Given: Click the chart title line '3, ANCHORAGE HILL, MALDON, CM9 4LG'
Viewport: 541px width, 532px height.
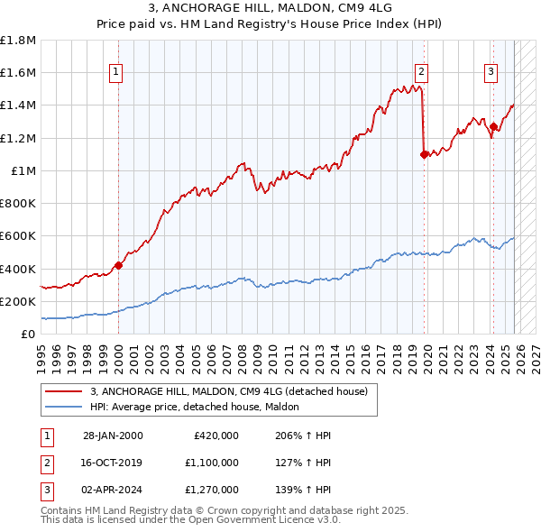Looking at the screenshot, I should click(270, 9).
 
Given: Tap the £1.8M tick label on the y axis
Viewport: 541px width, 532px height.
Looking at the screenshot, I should click(18, 41).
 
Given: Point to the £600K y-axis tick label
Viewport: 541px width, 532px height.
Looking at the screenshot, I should click(18, 236).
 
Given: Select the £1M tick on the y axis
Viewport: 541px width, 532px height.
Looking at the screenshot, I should click(23, 170).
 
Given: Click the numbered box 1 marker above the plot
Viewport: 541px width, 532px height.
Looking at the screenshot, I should click(118, 73).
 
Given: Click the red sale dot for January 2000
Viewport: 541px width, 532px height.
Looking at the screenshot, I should click(118, 265).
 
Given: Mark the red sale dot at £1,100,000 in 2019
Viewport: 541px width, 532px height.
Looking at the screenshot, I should click(424, 154).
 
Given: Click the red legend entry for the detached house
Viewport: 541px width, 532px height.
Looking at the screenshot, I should click(228, 392).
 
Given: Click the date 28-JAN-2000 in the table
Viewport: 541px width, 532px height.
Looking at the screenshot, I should click(113, 436).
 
